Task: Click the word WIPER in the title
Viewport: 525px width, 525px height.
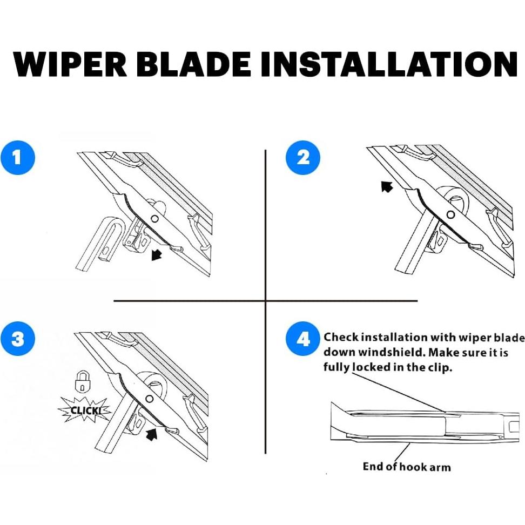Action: tap(70, 64)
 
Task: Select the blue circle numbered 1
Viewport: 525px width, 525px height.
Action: tap(18, 157)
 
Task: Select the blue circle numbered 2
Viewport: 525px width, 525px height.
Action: tap(303, 157)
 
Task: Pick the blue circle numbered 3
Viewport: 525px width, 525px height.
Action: tap(18, 339)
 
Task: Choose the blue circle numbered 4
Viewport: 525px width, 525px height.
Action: tap(303, 339)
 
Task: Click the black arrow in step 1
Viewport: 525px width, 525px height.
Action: tap(156, 254)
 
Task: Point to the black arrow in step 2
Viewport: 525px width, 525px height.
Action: tap(387, 186)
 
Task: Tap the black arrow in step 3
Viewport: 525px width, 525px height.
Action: tap(152, 434)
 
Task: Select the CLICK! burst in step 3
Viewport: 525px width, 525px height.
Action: tap(84, 410)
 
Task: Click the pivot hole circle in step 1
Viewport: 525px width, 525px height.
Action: tap(154, 219)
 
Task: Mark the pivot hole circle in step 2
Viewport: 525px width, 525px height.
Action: tap(450, 214)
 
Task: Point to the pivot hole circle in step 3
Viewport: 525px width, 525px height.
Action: tap(150, 399)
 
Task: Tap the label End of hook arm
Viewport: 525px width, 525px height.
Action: tap(407, 467)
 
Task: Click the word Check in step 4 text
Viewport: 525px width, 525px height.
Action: tap(341, 337)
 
